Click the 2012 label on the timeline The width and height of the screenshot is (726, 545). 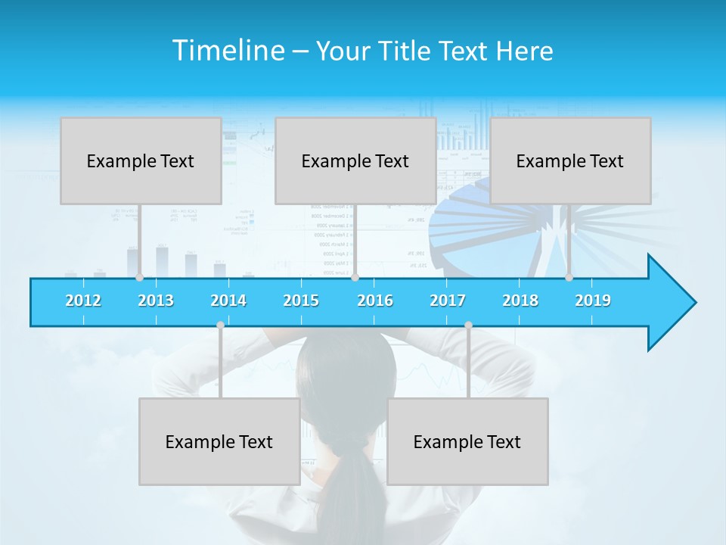[x=83, y=301]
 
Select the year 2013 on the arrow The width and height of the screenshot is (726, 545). [x=156, y=301]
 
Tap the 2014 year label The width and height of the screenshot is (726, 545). [x=228, y=301]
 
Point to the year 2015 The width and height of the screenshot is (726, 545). [x=301, y=301]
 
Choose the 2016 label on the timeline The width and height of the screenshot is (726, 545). [x=375, y=301]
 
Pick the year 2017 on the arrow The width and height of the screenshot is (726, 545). [x=448, y=301]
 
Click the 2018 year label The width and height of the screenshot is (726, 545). [x=520, y=301]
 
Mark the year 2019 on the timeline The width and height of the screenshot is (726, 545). [x=593, y=301]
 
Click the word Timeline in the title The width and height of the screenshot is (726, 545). [x=228, y=51]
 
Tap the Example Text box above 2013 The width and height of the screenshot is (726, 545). [x=141, y=160]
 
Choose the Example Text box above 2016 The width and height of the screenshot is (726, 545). [x=355, y=160]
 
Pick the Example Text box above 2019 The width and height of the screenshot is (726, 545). [x=570, y=160]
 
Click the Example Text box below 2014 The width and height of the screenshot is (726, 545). [x=219, y=441]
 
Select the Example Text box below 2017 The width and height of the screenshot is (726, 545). [x=467, y=441]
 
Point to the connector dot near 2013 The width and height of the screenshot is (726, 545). [x=140, y=278]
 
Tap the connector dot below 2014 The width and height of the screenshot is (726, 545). [x=220, y=325]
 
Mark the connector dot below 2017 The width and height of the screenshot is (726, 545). [x=468, y=325]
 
